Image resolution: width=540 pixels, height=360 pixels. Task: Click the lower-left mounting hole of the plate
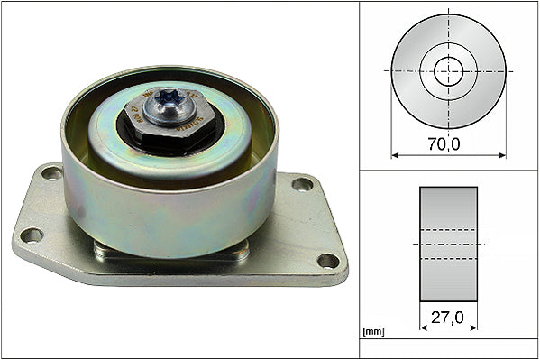tap(32, 235)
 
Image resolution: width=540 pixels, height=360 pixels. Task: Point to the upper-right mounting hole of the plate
tap(302, 184)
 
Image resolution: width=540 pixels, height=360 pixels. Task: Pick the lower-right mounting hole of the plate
tap(328, 261)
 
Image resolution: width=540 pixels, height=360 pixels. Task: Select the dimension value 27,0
tap(448, 318)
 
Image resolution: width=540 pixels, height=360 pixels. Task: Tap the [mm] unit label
tap(373, 332)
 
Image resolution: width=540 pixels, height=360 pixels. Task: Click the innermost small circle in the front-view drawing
tap(448, 70)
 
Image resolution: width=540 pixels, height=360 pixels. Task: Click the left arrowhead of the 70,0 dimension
tap(395, 154)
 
